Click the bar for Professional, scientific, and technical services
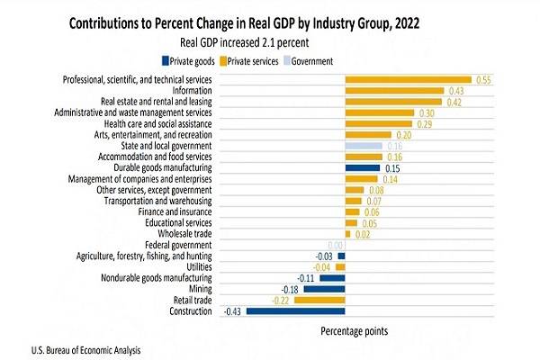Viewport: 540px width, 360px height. click(x=408, y=80)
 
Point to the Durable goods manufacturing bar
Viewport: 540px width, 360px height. click(x=364, y=167)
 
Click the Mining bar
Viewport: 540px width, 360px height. click(x=324, y=289)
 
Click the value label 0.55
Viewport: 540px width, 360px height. click(x=484, y=80)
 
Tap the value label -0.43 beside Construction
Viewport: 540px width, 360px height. click(x=233, y=311)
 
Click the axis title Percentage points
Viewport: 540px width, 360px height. click(x=355, y=331)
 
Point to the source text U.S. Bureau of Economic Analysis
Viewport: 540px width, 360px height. click(x=77, y=349)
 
